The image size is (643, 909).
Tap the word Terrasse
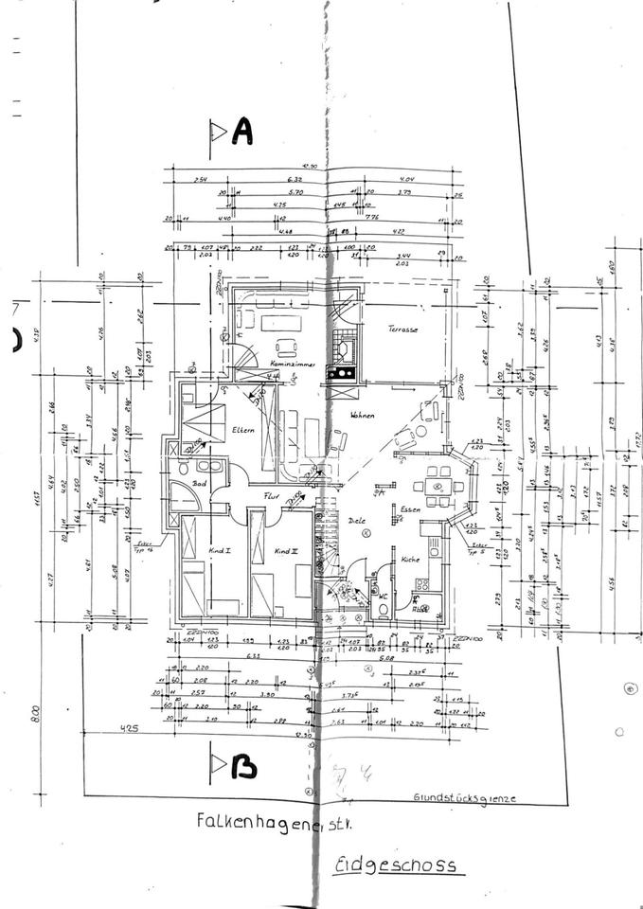(402, 330)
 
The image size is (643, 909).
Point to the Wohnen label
(362, 416)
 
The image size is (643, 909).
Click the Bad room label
(199, 483)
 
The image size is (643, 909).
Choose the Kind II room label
(287, 550)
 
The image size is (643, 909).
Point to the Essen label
(410, 509)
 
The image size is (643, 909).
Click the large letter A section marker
(242, 134)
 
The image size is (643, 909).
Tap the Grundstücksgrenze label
(464, 797)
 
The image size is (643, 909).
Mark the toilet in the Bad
(182, 469)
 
